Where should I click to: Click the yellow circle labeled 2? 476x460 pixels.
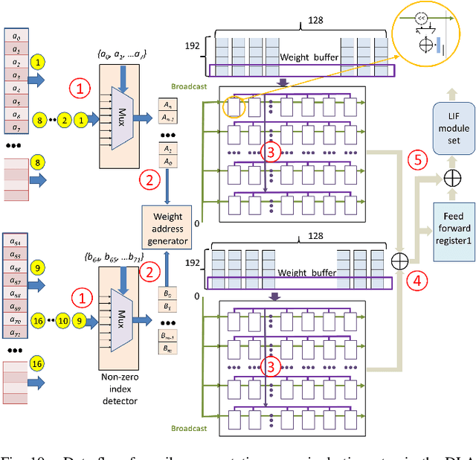tap(65, 118)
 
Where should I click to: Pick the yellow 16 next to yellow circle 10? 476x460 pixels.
tap(37, 321)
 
